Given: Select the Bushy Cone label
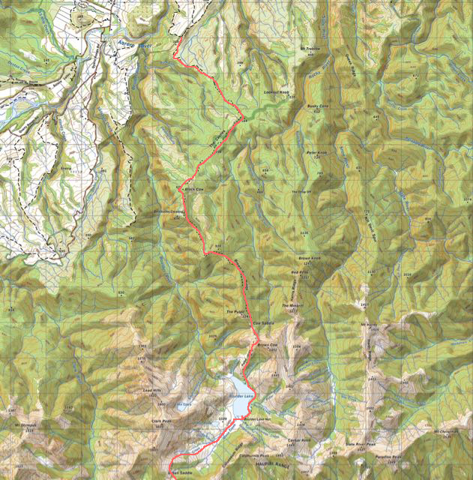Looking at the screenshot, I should click(319, 106).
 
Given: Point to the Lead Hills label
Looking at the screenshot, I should click(153, 391).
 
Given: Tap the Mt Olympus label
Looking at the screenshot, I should click(25, 427).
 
